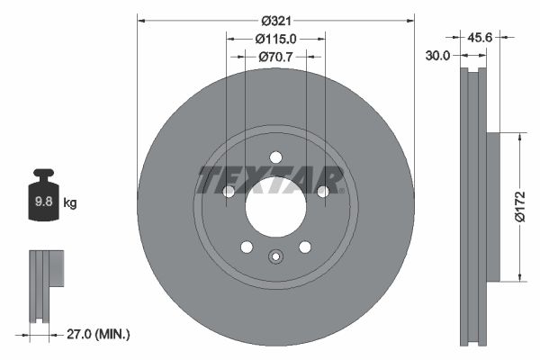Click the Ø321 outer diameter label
coord(276,20)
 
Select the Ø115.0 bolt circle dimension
coord(275,39)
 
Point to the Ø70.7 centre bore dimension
coord(276,57)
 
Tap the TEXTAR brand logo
coord(271,180)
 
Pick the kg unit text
coord(70,203)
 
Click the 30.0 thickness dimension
coord(438,54)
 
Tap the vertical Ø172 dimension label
coord(519,205)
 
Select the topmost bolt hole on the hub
coord(276,157)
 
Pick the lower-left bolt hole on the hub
coord(247,247)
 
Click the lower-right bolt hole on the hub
coord(305,247)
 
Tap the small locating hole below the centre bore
coord(275,257)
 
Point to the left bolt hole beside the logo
coord(229,191)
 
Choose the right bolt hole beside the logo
coord(323,191)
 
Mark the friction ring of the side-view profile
coord(472,205)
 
